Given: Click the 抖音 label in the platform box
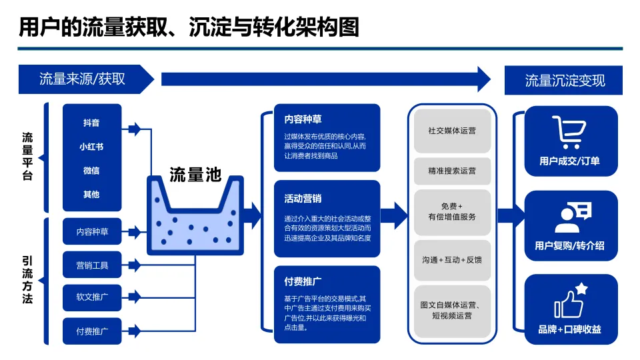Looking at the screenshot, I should (91, 123).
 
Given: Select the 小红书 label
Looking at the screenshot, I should (91, 147).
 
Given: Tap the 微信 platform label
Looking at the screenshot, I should (91, 171).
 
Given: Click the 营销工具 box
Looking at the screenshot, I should (92, 265).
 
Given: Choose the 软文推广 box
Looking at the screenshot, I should (92, 297).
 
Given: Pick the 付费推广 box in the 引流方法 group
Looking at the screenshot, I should (92, 331).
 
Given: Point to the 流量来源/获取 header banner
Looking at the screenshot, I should (83, 80).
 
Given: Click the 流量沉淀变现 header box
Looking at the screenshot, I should (565, 81).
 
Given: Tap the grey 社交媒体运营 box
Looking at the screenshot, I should (452, 131).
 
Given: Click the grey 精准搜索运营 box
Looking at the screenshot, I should (452, 171).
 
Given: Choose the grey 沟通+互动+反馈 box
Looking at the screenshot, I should (452, 259).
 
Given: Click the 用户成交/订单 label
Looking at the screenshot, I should (569, 161).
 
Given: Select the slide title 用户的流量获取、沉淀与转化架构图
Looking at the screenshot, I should (189, 27).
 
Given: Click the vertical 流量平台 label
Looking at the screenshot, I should (27, 157).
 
